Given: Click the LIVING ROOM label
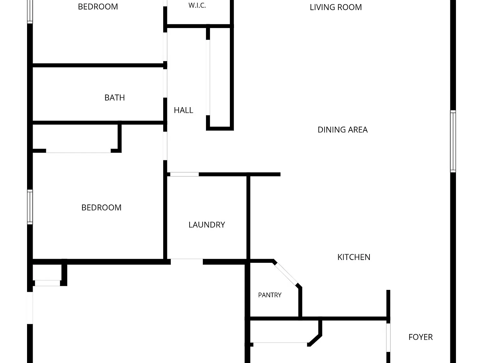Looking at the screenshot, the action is [x=336, y=7].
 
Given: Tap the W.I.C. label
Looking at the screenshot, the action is [x=197, y=5].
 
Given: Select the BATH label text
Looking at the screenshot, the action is [x=114, y=98].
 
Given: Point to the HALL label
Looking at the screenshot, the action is [x=183, y=110].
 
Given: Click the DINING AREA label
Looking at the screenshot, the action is [x=343, y=130].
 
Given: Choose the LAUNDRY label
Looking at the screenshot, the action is [x=207, y=225].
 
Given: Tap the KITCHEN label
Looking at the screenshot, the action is [x=354, y=257].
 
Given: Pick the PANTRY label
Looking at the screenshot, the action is [x=270, y=295].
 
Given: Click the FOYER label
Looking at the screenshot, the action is [x=420, y=337].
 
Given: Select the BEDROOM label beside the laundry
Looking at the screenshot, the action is [x=101, y=208].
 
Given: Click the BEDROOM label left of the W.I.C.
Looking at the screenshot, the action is [x=98, y=7].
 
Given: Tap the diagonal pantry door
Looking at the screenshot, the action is [x=286, y=274].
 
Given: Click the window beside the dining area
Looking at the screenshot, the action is [x=453, y=141].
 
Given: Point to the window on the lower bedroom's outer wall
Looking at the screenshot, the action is [x=30, y=207].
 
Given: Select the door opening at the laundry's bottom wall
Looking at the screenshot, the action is [x=186, y=262].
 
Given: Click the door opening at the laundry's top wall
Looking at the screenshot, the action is [x=184, y=174].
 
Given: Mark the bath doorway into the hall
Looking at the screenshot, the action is [x=165, y=83].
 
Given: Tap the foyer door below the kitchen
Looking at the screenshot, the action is [x=388, y=337].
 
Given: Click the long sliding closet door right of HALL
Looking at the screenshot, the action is [x=208, y=78].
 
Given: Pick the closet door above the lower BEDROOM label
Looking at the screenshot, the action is [x=78, y=151].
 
